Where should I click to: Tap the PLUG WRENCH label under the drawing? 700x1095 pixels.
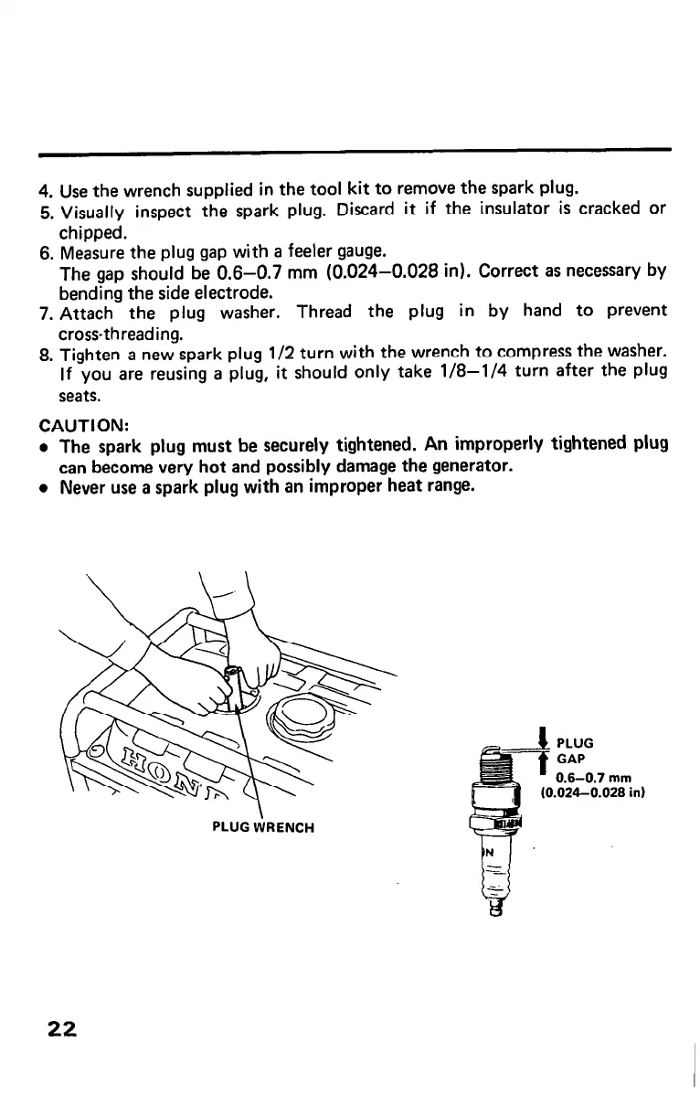[x=263, y=827]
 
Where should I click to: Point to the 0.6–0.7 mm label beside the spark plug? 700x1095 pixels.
[x=583, y=777]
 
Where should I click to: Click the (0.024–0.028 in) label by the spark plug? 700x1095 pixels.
[x=594, y=792]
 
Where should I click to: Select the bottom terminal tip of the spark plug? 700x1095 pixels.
[x=497, y=907]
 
